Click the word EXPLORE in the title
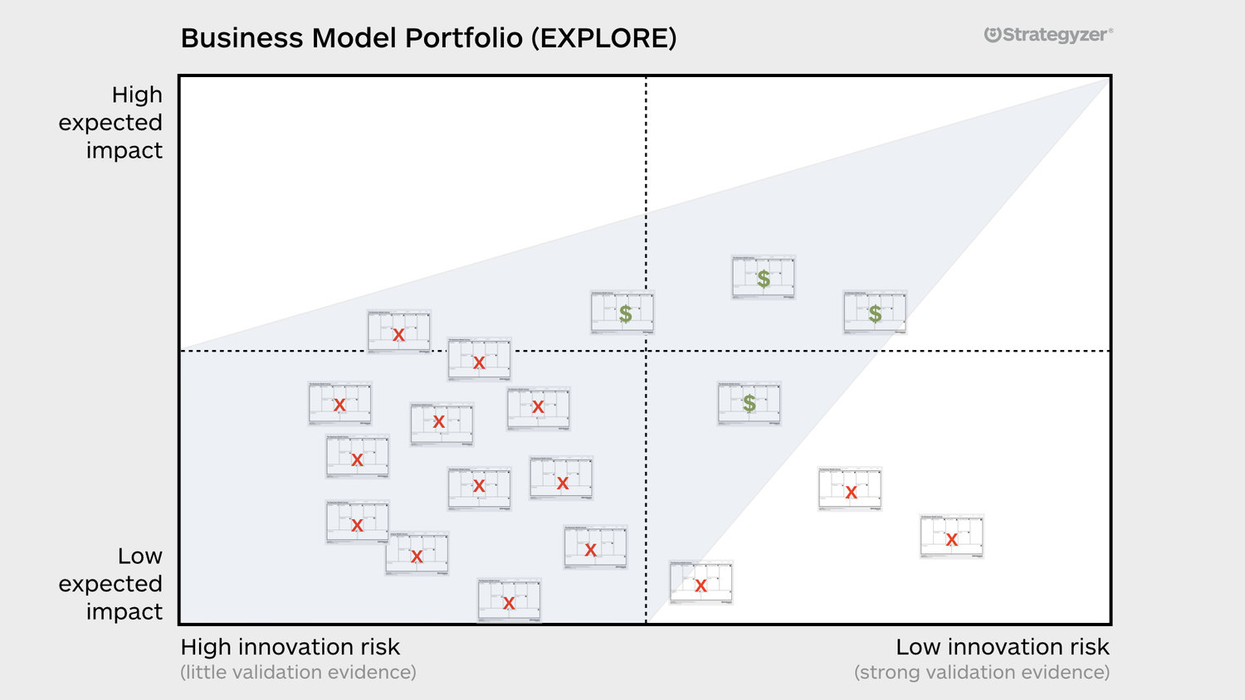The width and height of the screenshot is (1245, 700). point(604,38)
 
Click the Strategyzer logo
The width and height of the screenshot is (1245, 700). point(1047,35)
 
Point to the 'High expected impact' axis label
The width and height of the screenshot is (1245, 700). point(110,122)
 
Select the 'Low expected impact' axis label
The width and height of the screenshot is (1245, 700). point(110,584)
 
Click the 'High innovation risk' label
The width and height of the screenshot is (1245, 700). point(290,647)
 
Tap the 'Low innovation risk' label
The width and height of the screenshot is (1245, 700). point(1002,647)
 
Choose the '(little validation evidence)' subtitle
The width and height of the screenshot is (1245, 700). point(298,673)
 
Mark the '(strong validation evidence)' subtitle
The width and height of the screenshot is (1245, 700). point(981,673)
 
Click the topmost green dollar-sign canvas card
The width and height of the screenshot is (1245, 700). point(764,277)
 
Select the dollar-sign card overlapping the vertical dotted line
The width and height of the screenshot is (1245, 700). point(622,313)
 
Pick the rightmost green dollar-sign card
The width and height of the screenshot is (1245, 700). point(875,313)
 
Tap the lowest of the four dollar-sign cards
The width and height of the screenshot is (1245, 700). point(749,403)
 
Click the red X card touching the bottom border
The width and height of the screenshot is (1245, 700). point(509,600)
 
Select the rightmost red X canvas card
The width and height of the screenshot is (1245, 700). point(951,537)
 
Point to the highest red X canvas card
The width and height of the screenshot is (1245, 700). point(398,333)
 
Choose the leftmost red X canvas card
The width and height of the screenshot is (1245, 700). point(339,404)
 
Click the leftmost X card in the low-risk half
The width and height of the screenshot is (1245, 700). point(701,583)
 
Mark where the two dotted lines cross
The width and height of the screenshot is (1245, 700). point(647,351)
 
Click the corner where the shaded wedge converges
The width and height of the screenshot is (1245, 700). point(1108,79)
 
